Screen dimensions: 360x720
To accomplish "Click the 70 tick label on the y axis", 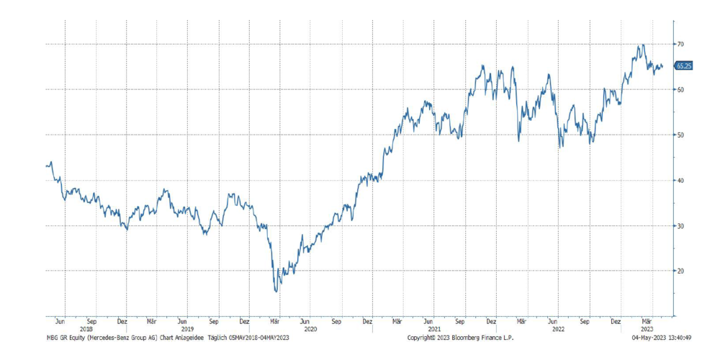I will click(680, 44).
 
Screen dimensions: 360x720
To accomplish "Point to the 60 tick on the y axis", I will click(680, 89).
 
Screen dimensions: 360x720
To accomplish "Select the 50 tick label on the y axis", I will click(680, 135).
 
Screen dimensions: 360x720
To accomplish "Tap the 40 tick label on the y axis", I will click(680, 180).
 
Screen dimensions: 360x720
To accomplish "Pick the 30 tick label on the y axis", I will click(680, 225).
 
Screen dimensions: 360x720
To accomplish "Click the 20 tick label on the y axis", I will click(680, 271).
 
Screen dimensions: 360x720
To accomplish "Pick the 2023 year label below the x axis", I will click(647, 329).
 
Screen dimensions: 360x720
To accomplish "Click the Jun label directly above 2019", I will click(184, 321).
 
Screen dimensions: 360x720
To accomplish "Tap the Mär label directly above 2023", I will click(647, 321).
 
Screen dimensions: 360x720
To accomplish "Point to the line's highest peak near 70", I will click(641, 45).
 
